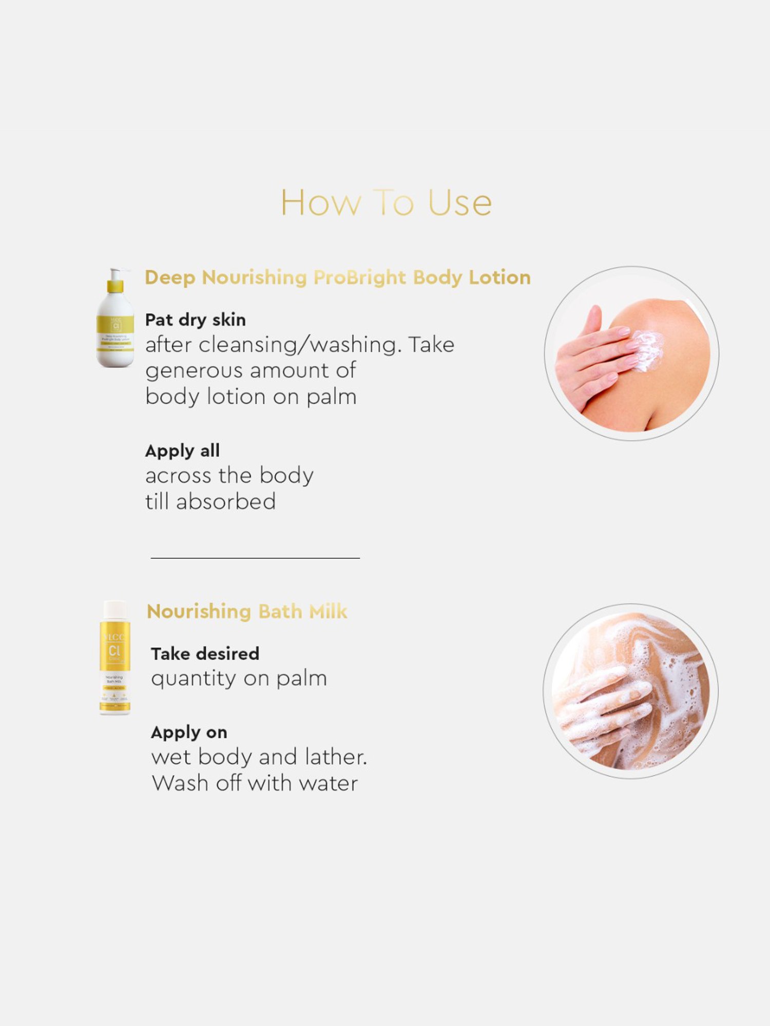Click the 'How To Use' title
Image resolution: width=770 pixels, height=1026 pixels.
[x=386, y=203]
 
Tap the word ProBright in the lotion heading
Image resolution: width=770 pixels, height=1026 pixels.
[x=359, y=278]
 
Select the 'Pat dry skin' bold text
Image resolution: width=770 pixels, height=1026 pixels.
[x=195, y=320]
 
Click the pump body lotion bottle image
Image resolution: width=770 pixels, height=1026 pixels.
[x=115, y=328]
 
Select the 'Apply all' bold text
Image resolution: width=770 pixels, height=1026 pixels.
[x=182, y=450]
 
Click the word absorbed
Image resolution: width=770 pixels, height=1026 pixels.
[x=226, y=502]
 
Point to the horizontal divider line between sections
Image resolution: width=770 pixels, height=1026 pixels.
[x=255, y=558]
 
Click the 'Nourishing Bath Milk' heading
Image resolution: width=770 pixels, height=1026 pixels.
[x=247, y=611]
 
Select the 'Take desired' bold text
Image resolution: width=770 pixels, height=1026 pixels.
[x=205, y=654]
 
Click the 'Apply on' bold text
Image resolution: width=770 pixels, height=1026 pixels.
[x=189, y=732]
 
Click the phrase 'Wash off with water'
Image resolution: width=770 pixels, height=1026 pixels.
[x=255, y=783]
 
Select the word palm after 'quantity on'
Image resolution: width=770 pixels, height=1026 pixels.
[x=301, y=679]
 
